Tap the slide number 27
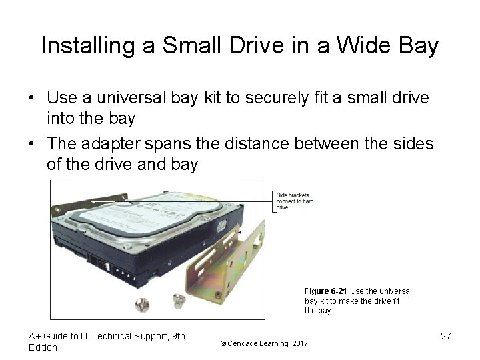tap(446, 336)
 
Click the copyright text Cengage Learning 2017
tap(264, 343)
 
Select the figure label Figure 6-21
tap(325, 291)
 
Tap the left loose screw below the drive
tap(142, 305)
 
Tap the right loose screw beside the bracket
tap(178, 301)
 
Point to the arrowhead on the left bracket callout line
tap(93, 201)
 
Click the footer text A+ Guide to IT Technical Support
tap(107, 336)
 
